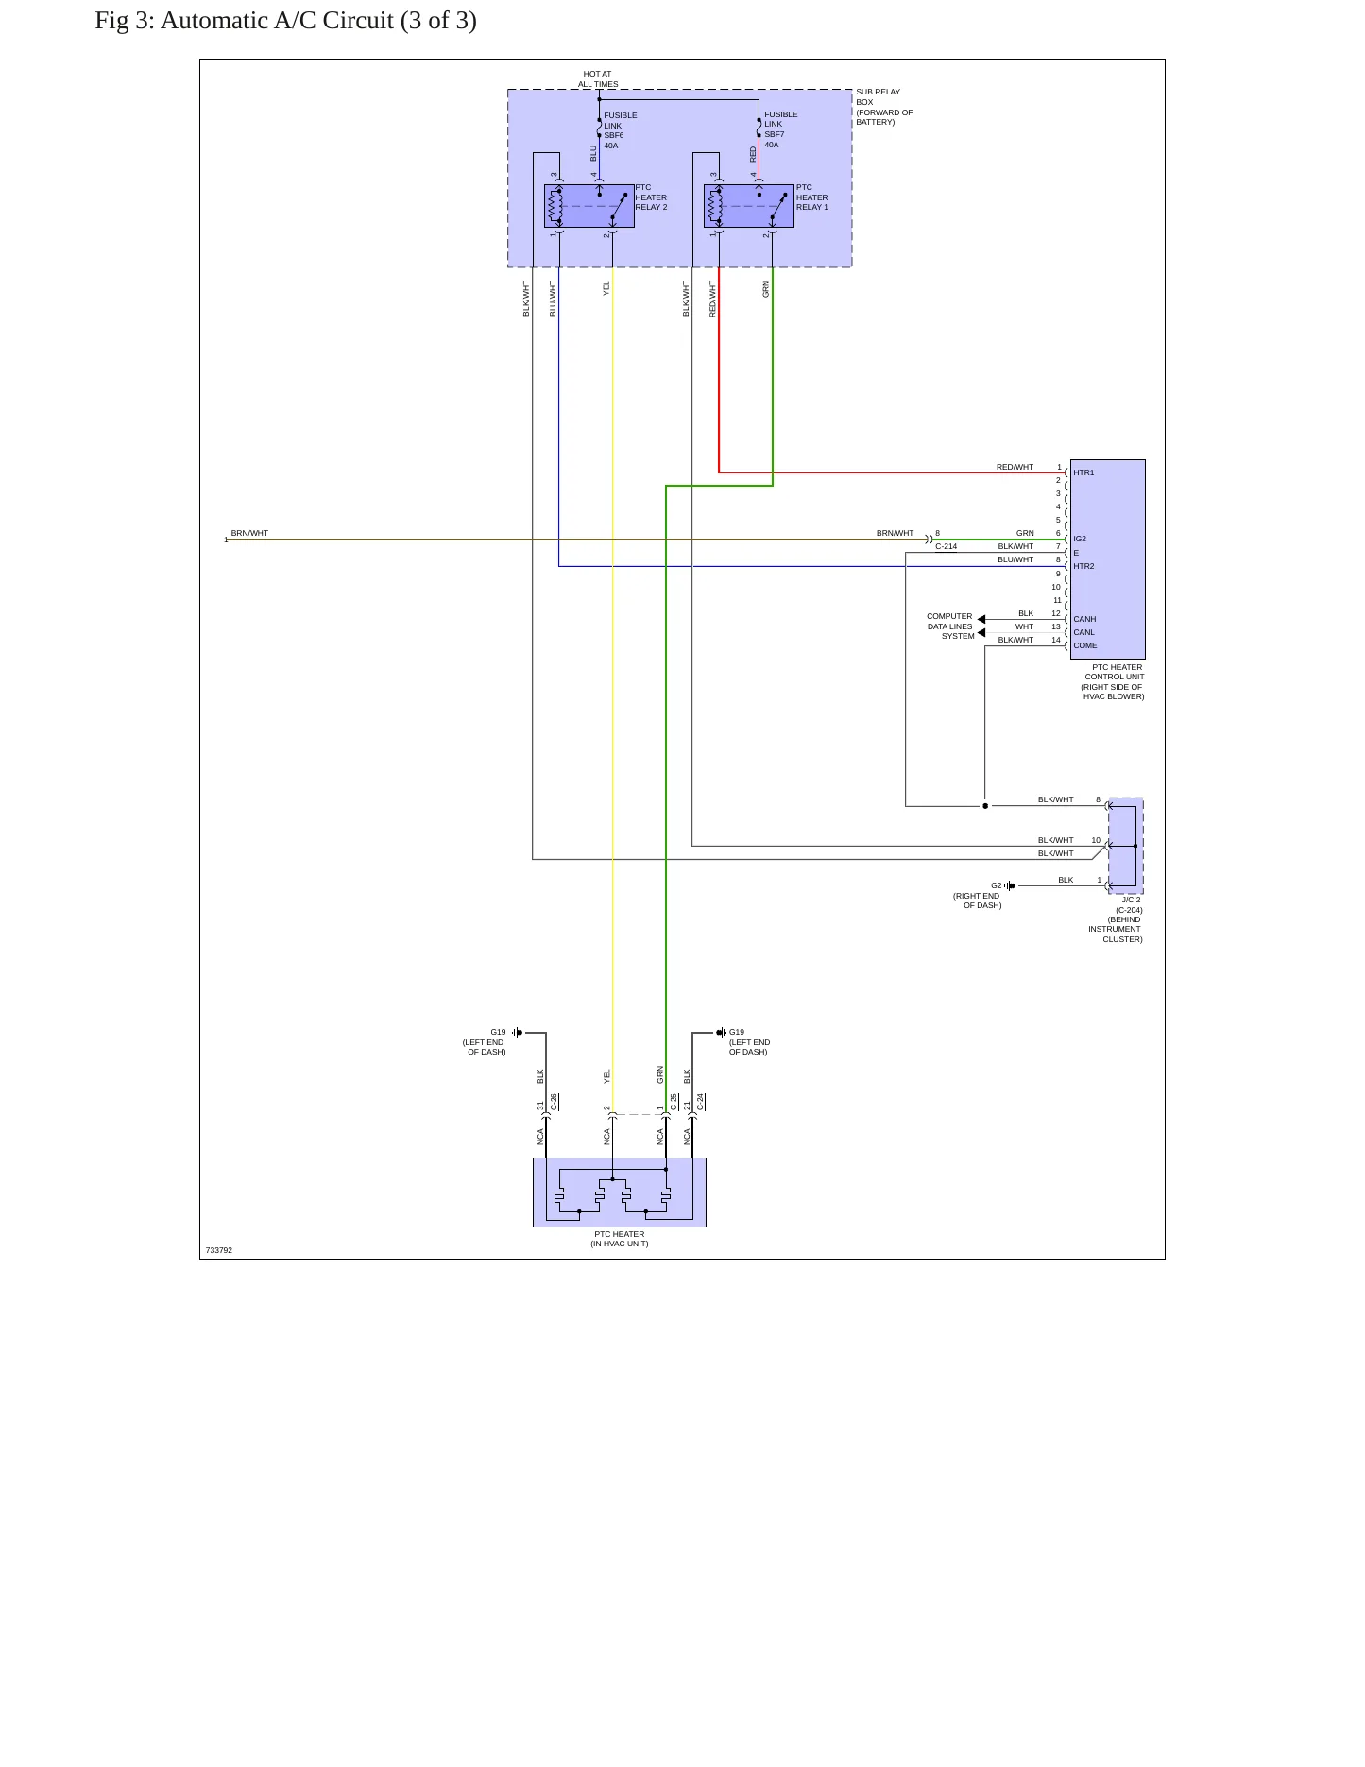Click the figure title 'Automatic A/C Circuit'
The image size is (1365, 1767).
277,21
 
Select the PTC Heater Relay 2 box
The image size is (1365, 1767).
589,206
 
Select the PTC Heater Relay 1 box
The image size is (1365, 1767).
749,206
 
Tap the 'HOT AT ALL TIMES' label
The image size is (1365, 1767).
598,78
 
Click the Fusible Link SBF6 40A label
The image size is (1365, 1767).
621,130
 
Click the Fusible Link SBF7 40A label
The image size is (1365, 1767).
780,129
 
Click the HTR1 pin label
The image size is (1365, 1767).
1083,472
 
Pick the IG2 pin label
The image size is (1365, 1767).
1080,539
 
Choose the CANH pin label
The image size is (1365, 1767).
1084,619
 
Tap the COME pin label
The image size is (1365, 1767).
1085,645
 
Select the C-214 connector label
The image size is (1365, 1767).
946,546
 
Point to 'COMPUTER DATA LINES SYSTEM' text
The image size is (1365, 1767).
949,626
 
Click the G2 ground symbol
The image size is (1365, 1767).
1010,885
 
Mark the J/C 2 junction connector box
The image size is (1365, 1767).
1126,846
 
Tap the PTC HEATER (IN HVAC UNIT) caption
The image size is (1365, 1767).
620,1239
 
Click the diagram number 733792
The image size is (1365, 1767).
218,1250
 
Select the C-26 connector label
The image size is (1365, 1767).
554,1102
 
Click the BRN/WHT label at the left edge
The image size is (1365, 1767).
249,533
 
